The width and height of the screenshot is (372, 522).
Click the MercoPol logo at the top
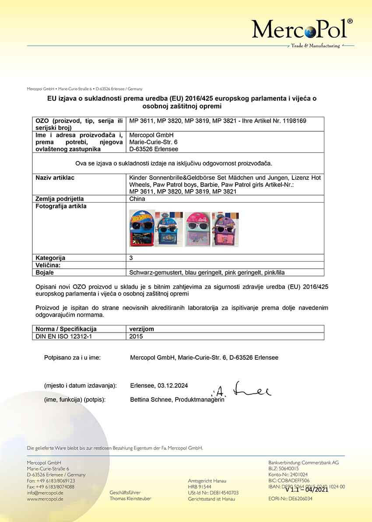point(302,30)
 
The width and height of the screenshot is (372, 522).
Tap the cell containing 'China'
point(137,199)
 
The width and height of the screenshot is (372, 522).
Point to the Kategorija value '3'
point(132,258)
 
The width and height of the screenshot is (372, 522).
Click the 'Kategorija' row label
point(50,258)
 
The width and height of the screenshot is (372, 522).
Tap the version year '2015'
point(136,337)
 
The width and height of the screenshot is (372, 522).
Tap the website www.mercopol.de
point(45,499)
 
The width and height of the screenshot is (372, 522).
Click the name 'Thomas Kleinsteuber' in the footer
point(130,499)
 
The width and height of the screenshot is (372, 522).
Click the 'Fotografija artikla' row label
point(61,206)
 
